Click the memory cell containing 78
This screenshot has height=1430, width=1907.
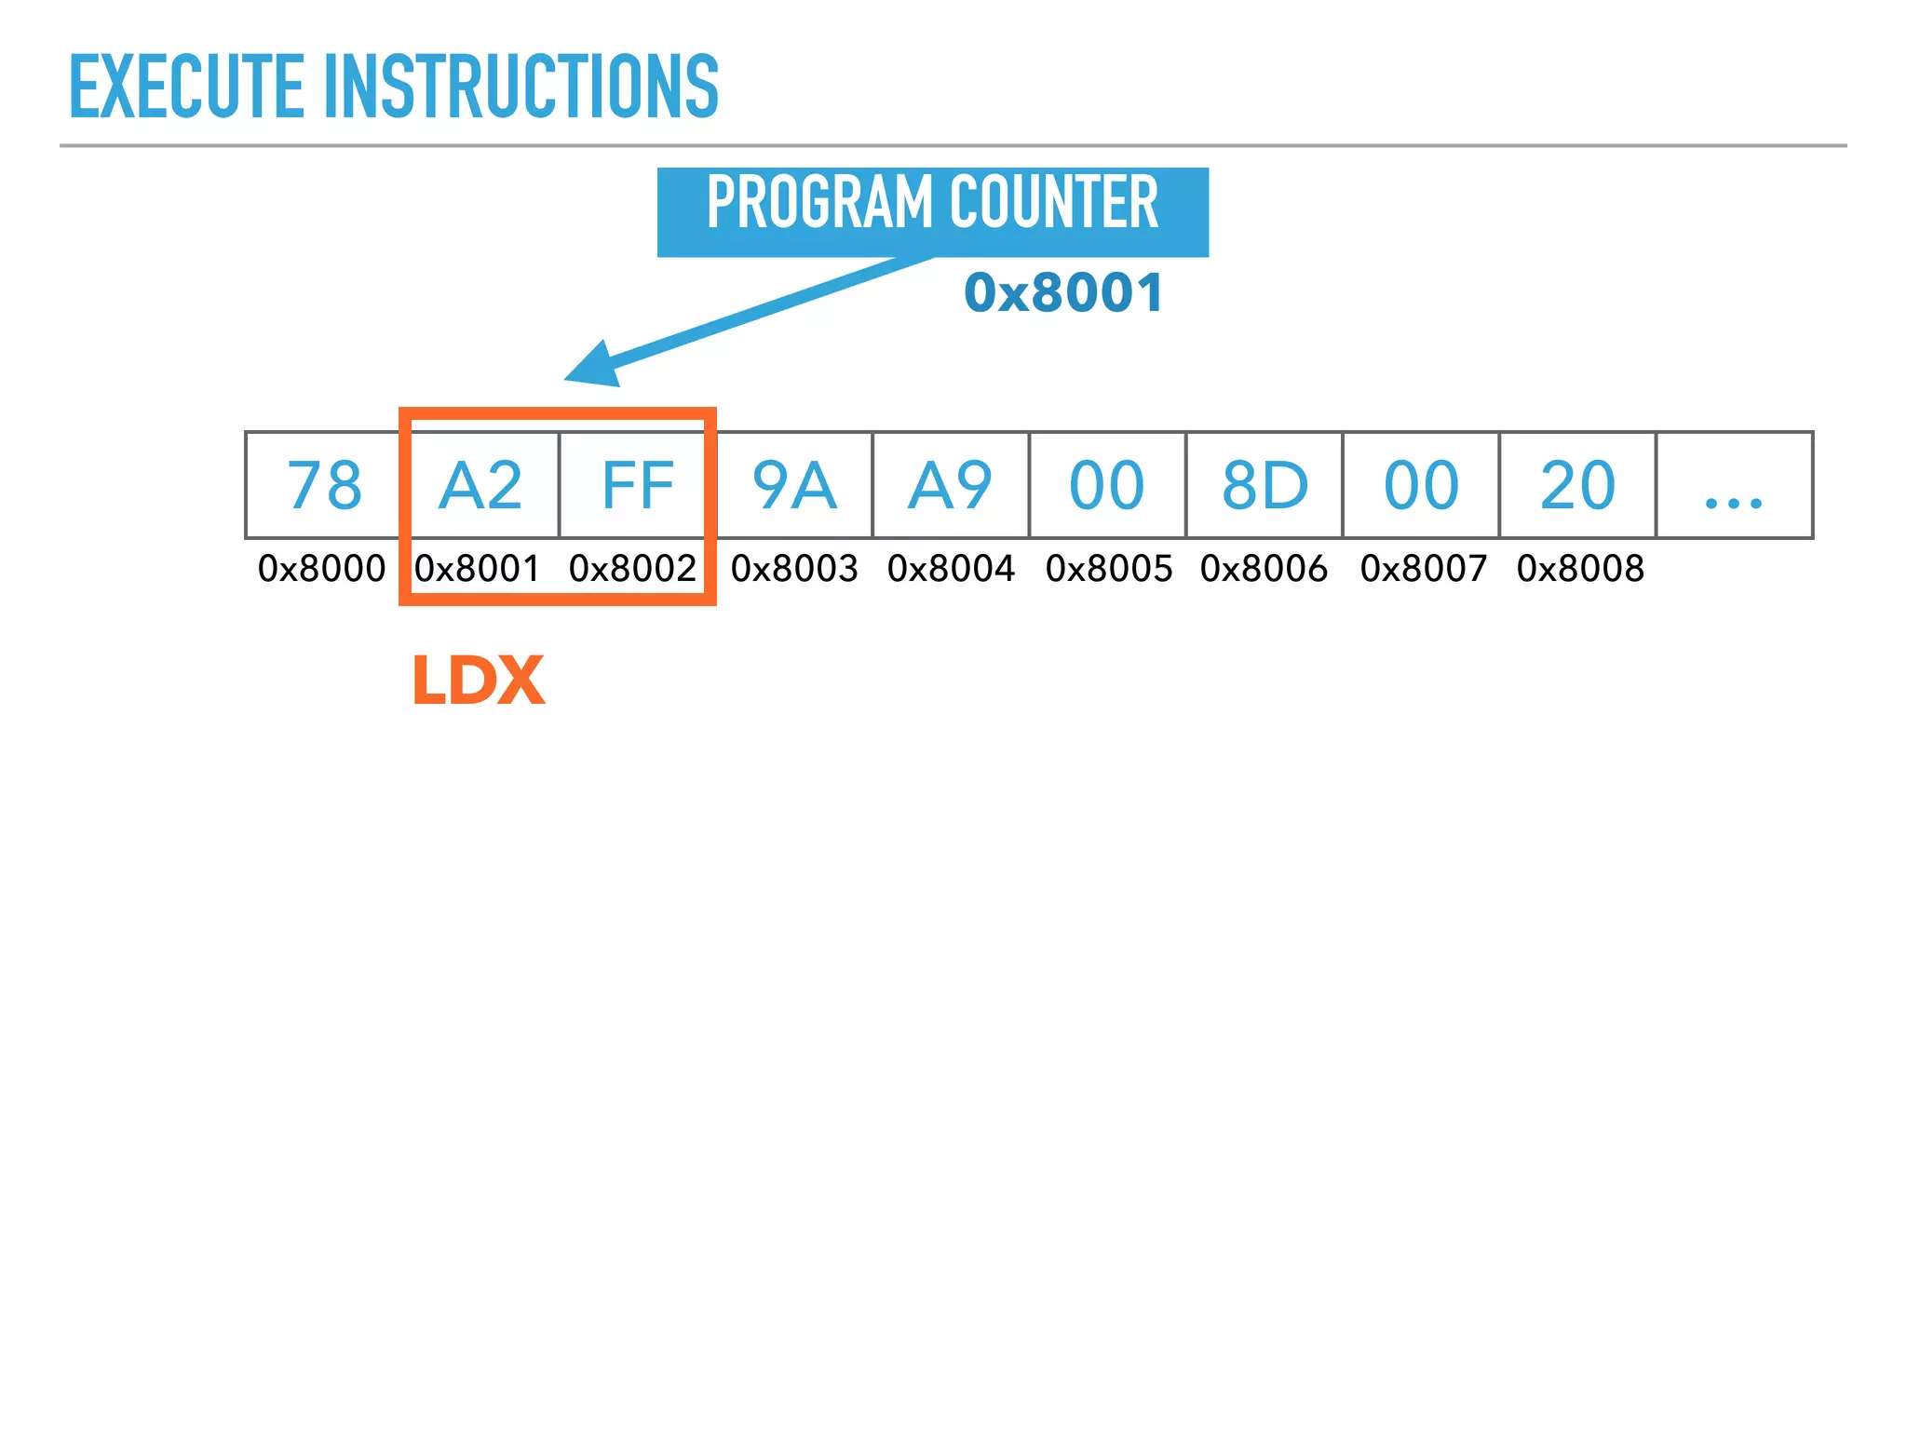click(324, 485)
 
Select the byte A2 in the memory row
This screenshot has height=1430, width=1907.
click(480, 485)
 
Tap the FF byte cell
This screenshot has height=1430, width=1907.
click(638, 485)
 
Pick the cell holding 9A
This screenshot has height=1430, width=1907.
click(794, 485)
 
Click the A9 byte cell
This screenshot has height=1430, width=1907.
click(951, 485)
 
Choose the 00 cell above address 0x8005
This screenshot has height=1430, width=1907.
click(1107, 485)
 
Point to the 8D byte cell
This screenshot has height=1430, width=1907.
click(1265, 485)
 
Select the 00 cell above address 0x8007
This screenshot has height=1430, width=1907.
click(1421, 485)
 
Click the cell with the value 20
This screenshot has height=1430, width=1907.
click(1577, 485)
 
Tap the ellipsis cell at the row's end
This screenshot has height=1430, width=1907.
click(1734, 485)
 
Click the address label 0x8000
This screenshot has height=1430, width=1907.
click(322, 568)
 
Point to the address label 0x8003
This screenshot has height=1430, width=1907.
click(794, 568)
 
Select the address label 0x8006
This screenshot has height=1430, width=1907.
click(1264, 568)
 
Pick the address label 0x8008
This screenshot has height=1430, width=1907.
click(1580, 568)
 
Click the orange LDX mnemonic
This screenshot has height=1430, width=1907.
click(479, 680)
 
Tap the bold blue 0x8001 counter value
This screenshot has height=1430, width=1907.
click(1063, 292)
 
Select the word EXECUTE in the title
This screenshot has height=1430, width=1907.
click(187, 87)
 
